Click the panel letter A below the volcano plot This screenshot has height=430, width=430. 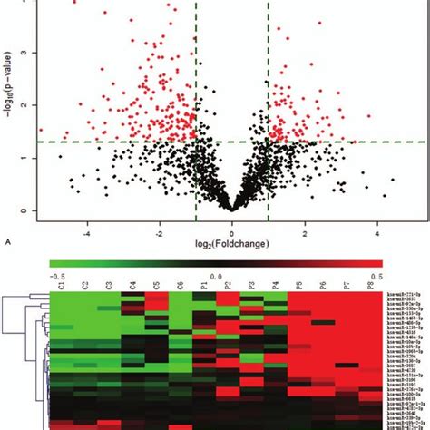pyautogui.click(x=8, y=242)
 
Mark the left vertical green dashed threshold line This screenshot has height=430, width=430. pyautogui.click(x=196, y=73)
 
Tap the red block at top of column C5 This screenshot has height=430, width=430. pyautogui.click(x=156, y=301)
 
